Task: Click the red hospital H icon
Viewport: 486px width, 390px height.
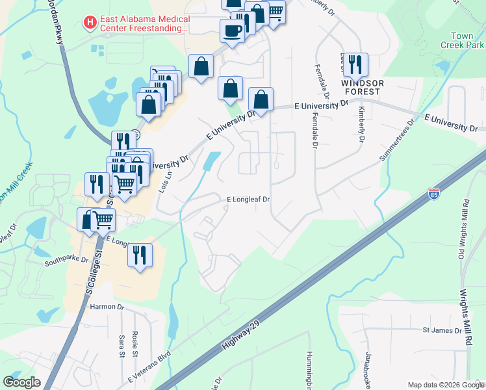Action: [x=90, y=23]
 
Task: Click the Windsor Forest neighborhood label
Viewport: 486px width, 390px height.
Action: [x=363, y=87]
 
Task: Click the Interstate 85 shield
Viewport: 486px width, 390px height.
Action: [x=433, y=193]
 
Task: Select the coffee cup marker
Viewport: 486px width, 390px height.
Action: [x=233, y=30]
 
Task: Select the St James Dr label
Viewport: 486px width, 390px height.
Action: [x=442, y=330]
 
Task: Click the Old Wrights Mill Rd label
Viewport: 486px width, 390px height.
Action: [x=464, y=220]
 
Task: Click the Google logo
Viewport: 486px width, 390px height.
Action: [x=21, y=383]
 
